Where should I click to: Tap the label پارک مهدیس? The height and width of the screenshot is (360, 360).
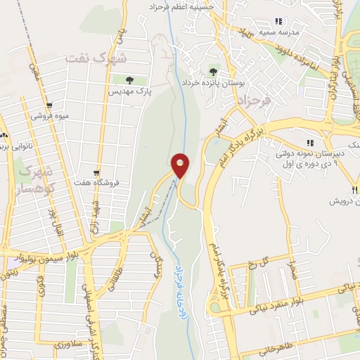coord(129,91)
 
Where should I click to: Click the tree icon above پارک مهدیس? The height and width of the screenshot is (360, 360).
coord(129,80)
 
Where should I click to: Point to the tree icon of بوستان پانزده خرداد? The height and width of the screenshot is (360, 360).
coord(213,71)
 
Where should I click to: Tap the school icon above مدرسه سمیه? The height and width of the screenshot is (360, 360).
coord(278,21)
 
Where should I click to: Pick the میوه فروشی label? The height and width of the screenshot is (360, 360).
coord(49,117)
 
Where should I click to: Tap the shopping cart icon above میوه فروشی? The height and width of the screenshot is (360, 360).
coord(49,107)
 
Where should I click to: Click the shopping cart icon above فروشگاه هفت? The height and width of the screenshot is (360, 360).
coord(96,172)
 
